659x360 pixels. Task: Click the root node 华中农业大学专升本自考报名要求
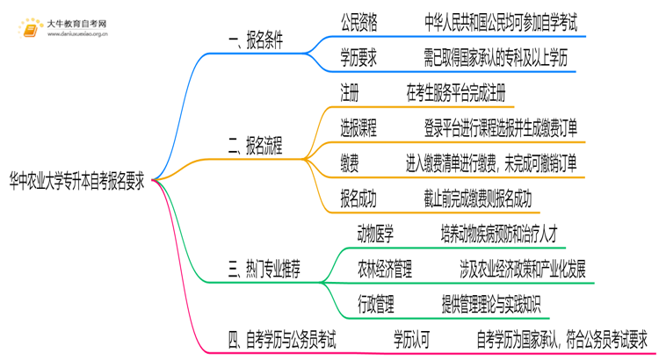77,180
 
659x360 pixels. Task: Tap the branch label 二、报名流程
256,146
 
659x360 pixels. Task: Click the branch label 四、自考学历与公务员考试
281,336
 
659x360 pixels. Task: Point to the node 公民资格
358,22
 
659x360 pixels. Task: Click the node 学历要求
358,57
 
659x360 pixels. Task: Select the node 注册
349,92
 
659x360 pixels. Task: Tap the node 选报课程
358,128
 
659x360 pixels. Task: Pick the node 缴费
349,163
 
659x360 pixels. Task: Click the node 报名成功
358,198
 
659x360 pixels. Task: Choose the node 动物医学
375,234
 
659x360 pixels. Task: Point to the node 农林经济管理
385,269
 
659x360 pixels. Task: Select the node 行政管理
375,304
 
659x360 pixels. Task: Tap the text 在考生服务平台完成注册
455,92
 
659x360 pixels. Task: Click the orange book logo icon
29,31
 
